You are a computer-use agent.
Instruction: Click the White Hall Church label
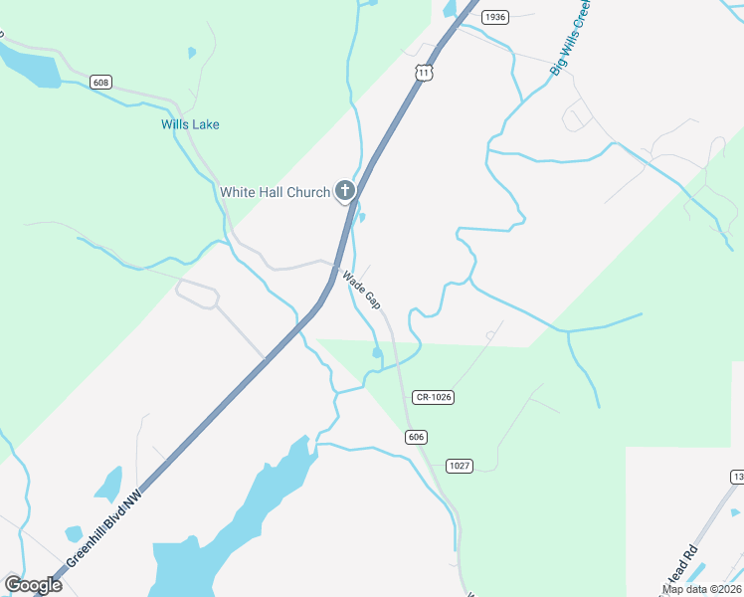[275, 192]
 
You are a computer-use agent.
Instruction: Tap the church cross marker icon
[345, 190]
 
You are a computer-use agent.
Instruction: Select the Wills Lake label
[190, 124]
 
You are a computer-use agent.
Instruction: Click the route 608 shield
[99, 82]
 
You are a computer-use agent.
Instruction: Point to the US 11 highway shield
[425, 73]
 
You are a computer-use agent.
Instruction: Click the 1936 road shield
[494, 17]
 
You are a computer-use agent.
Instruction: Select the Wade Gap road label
[361, 289]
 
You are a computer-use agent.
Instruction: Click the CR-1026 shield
[435, 397]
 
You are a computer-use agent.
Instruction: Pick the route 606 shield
[416, 437]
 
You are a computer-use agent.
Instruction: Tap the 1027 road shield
[459, 466]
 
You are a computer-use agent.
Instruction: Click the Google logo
[33, 585]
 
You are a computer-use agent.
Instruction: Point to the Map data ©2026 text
[702, 589]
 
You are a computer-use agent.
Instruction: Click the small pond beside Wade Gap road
[377, 352]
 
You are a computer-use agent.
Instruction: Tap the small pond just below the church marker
[361, 218]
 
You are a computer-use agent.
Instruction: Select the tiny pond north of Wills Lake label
[192, 52]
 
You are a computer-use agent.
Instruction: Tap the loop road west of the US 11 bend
[197, 296]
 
